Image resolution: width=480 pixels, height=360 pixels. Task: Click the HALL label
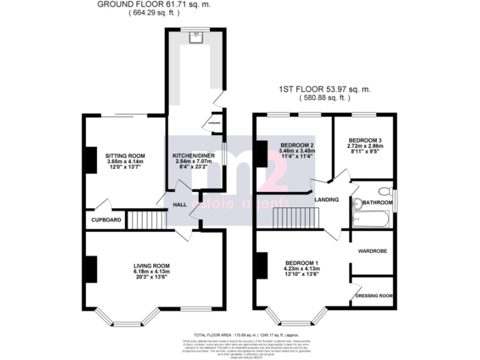(181, 204)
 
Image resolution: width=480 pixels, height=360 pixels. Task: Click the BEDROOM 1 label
(302, 262)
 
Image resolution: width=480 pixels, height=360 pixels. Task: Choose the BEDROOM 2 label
(297, 145)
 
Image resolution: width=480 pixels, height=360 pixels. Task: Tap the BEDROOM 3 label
(365, 140)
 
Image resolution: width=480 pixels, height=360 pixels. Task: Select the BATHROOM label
(377, 202)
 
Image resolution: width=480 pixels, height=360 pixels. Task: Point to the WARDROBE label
(372, 251)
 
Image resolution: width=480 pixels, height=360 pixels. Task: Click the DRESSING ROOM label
(374, 296)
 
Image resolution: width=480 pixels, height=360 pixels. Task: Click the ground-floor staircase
(145, 219)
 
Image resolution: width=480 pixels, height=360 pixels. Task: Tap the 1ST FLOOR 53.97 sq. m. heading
(324, 89)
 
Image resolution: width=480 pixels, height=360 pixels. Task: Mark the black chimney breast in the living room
(91, 268)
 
